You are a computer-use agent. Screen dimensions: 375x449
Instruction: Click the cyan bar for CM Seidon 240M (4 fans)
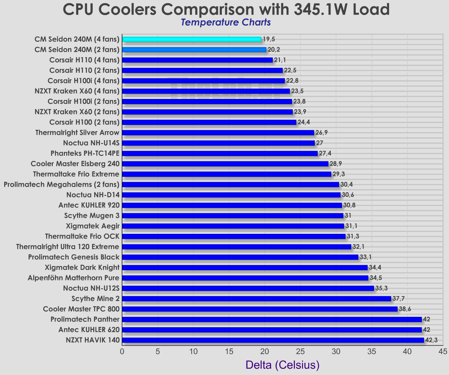point(192,39)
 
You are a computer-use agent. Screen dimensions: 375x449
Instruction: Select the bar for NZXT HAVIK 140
point(273,340)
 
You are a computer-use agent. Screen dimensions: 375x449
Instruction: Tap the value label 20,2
point(274,50)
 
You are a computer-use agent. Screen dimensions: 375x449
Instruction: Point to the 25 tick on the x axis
point(300,352)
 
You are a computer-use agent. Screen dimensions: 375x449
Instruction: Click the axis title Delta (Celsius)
point(282,365)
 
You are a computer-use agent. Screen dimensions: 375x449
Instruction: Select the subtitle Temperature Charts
point(225,22)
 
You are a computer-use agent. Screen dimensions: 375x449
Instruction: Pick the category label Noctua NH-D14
point(93,195)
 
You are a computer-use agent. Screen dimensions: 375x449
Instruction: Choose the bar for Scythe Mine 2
point(256,299)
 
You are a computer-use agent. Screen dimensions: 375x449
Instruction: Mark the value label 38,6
point(405,309)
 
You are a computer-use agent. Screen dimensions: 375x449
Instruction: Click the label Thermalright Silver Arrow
point(77,133)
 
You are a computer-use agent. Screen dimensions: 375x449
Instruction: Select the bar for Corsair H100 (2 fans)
point(209,122)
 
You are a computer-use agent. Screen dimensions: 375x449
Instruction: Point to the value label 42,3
point(431,340)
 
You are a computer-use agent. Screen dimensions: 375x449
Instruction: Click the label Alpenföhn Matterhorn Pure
point(73,278)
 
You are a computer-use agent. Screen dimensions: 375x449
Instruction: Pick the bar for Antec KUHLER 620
point(272,330)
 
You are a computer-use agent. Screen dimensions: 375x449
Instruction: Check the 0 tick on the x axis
point(122,352)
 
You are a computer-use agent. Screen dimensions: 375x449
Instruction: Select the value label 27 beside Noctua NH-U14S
point(320,143)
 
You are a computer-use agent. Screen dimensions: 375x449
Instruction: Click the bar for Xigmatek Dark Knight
point(245,268)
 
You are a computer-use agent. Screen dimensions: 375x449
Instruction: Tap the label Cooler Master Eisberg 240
point(75,164)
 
